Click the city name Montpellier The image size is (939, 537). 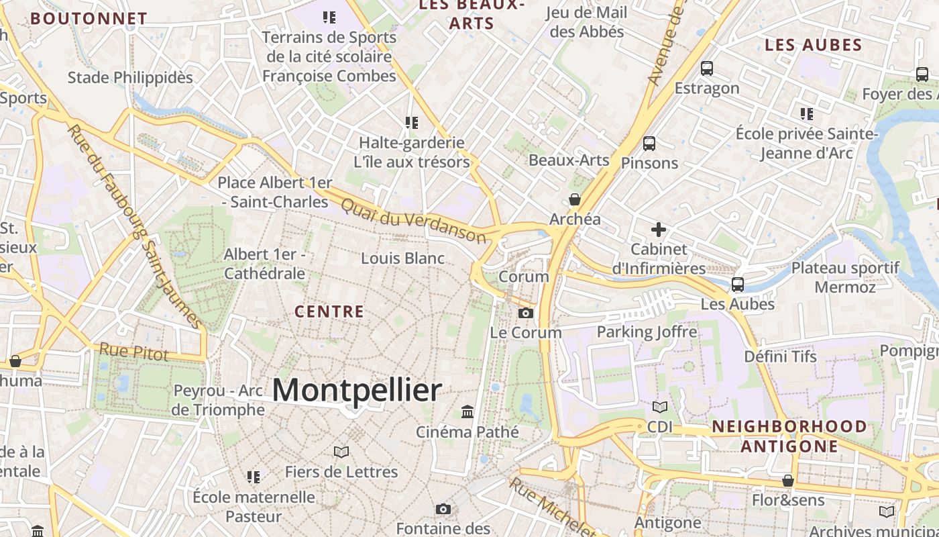coord(357,390)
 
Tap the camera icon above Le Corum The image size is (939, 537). coord(526,313)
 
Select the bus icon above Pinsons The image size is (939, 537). coord(649,143)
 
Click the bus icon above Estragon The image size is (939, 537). coord(706,68)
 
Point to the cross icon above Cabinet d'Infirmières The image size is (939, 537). coord(659,230)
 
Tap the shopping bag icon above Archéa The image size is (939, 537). coord(575,199)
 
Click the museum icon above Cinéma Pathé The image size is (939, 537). coord(467,411)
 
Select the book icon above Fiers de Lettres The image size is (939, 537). coord(341,452)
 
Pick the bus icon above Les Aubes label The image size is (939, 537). coord(738,284)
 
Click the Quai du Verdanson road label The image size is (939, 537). coord(413,219)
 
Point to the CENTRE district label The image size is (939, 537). coord(329,311)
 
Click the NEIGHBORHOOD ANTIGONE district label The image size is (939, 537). coord(789,436)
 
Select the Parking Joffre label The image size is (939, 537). coord(647,332)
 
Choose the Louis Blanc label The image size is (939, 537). coord(402,258)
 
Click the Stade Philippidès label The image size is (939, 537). coord(130,78)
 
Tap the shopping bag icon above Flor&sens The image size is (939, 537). coord(788,481)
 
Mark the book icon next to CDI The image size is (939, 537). coord(660,407)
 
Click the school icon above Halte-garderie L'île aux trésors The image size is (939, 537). coord(411,123)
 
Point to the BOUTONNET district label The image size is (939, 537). coord(89,19)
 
